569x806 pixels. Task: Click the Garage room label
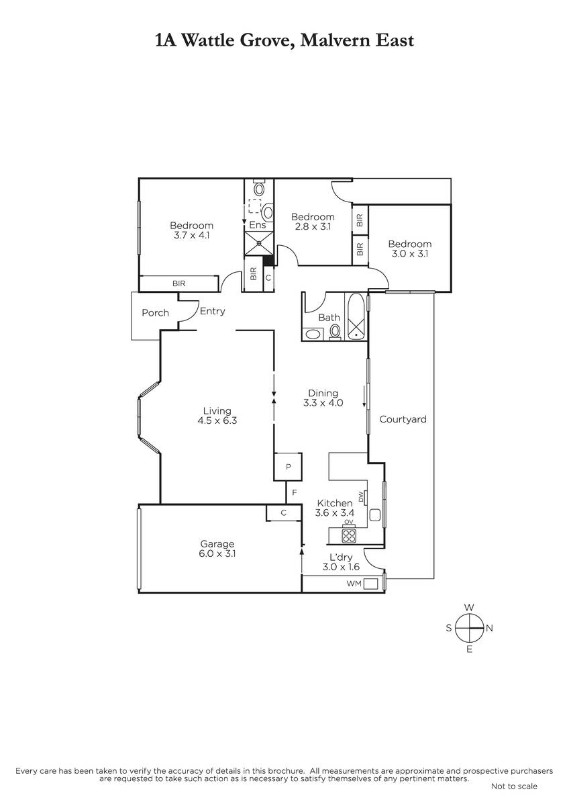[217, 543]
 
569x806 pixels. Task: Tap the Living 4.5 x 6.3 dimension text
[217, 420]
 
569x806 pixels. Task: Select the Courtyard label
[403, 420]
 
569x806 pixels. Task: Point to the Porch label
[155, 313]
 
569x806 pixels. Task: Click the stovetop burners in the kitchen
[349, 536]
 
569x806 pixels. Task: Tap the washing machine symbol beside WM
[370, 584]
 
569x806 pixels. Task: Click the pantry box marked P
[288, 467]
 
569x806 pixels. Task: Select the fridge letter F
[295, 492]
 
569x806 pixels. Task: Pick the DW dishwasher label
[361, 497]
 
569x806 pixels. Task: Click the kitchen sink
[375, 515]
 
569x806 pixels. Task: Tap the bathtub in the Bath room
[356, 316]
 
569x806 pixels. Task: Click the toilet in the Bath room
[335, 332]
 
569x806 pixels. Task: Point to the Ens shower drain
[259, 243]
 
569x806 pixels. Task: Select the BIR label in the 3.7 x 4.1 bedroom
[179, 283]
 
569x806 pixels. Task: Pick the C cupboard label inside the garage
[284, 512]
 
